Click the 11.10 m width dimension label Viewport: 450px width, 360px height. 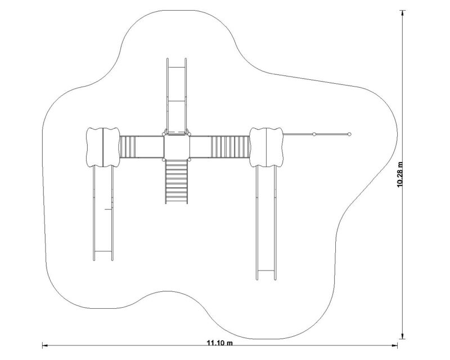pos(220,343)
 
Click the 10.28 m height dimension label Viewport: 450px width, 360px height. pos(400,174)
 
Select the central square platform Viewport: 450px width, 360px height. pos(177,147)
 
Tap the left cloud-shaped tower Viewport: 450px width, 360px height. pos(103,147)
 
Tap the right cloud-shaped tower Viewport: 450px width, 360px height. pos(266,147)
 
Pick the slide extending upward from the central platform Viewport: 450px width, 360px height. pos(177,96)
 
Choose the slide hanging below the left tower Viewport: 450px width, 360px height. pos(103,214)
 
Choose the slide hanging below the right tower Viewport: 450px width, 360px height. pos(266,223)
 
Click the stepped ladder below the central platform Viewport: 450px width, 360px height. pos(177,182)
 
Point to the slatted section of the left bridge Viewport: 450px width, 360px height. pos(128,147)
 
